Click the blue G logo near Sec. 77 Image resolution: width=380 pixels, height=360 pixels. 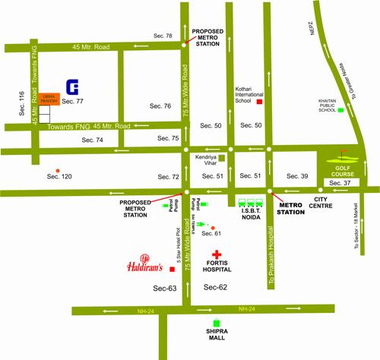coord(72,87)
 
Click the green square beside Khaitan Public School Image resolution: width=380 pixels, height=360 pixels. coord(340,110)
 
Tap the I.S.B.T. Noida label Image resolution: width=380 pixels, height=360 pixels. coord(252,213)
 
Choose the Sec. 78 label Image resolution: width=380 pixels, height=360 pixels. coord(163,36)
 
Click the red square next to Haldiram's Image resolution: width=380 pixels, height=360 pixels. coord(173,270)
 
